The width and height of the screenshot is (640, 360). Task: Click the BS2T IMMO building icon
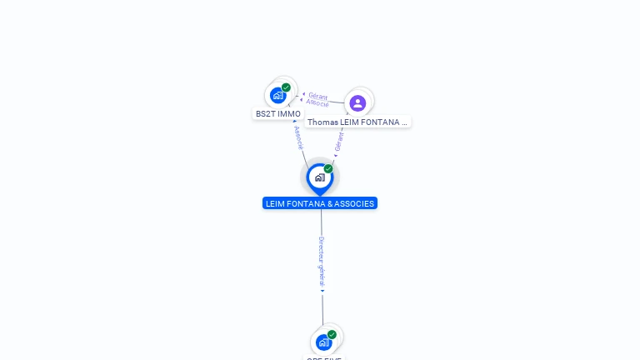[x=277, y=95]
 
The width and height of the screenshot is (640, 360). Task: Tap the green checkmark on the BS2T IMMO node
[x=286, y=87]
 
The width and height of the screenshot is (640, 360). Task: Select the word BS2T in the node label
[x=265, y=114]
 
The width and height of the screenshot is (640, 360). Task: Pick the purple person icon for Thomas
[x=357, y=102]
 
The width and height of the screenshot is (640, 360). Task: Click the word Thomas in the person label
[x=322, y=122]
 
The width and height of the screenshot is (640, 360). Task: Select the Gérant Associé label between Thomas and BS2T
[x=317, y=99]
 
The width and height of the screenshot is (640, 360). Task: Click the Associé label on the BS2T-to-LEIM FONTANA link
[x=298, y=138]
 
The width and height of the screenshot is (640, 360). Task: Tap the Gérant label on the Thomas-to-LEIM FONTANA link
[x=338, y=140]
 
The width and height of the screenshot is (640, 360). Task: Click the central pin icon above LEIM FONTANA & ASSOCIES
[x=319, y=177]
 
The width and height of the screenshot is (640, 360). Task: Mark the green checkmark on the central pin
[x=328, y=169]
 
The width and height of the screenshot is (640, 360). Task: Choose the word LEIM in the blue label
[x=276, y=203]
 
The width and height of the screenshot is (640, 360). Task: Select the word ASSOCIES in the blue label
[x=355, y=203]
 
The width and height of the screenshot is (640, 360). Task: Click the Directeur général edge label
[x=322, y=262]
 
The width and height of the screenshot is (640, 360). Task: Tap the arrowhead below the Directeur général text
[x=322, y=292]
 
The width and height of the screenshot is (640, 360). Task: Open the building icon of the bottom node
[x=323, y=342]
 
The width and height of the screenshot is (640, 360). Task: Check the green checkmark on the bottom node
[x=332, y=334]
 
